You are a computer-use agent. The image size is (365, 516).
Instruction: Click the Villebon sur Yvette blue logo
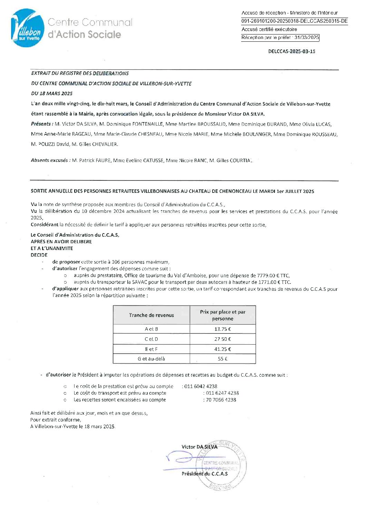click(x=28, y=28)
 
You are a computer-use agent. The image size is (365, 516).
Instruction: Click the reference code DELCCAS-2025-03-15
click(x=292, y=51)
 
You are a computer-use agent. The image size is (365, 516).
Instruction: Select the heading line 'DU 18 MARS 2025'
click(x=52, y=93)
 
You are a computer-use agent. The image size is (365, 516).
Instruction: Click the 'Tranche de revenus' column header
click(x=151, y=315)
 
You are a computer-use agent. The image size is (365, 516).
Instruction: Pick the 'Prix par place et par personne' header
click(x=223, y=315)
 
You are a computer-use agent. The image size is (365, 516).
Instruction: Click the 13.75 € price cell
click(x=223, y=329)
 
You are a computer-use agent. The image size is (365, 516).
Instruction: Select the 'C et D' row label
click(x=151, y=339)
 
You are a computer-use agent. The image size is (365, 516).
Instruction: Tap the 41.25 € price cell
click(x=223, y=349)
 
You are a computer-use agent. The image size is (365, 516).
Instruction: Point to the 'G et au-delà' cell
click(x=151, y=359)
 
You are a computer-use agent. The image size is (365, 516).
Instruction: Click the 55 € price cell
click(x=223, y=359)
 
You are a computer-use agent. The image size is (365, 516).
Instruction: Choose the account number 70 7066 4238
click(x=221, y=400)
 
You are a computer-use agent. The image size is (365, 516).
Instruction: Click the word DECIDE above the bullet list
click(x=39, y=255)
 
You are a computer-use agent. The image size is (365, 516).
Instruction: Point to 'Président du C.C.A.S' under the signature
click(x=205, y=474)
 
